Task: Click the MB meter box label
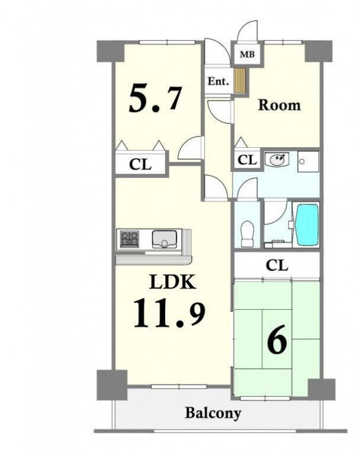click(247, 54)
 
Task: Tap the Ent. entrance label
click(218, 81)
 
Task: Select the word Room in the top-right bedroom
click(279, 105)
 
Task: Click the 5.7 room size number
click(156, 99)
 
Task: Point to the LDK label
click(172, 282)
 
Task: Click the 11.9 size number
click(169, 313)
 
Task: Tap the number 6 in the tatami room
click(277, 339)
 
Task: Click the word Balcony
click(213, 413)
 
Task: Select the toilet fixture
click(247, 233)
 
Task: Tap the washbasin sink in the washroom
click(277, 159)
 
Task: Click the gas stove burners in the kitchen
click(130, 239)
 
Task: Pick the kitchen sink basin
click(163, 239)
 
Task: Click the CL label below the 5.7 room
click(140, 164)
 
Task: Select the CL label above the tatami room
click(277, 265)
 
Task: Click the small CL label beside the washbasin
click(247, 160)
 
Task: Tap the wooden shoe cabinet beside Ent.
click(240, 81)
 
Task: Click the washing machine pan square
click(308, 161)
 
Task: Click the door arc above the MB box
click(247, 30)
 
